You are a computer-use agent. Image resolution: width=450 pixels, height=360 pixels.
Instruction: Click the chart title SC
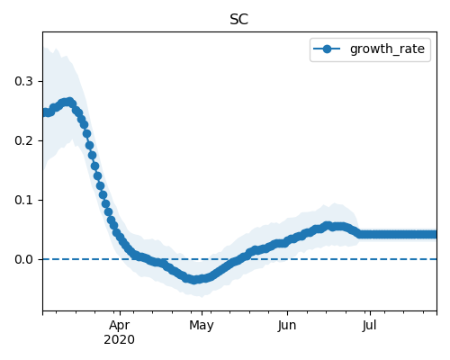point(238,20)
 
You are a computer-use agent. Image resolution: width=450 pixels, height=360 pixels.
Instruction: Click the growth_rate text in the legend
point(387,49)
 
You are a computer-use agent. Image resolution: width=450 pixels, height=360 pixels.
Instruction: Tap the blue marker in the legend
point(327,49)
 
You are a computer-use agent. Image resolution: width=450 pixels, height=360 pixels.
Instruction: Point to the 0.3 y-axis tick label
point(23,81)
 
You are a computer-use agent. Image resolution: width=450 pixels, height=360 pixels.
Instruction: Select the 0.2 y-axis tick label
point(23,140)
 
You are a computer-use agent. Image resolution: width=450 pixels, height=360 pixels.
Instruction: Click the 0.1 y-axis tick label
point(23,200)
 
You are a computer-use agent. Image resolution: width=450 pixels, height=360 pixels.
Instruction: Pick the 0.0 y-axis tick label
point(23,259)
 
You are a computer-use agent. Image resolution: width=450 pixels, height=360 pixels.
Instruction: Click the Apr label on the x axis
point(120,326)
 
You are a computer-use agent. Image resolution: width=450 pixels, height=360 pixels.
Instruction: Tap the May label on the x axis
point(202,326)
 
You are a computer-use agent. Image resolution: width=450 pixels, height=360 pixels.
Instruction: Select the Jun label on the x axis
point(287,326)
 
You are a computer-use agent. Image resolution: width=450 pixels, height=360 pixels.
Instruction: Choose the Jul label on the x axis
point(369,326)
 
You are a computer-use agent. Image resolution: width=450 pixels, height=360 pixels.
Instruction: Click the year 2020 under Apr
point(120,340)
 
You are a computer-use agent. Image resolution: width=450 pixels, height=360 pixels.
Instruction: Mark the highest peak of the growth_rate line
point(70,102)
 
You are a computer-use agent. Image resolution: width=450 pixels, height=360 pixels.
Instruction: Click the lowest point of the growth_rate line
point(194,280)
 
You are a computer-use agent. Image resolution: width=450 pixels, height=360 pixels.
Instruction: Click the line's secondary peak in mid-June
point(328,226)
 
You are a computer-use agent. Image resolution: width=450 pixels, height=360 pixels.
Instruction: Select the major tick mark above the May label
point(202,313)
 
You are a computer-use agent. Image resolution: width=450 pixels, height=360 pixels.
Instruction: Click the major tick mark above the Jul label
point(370,313)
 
